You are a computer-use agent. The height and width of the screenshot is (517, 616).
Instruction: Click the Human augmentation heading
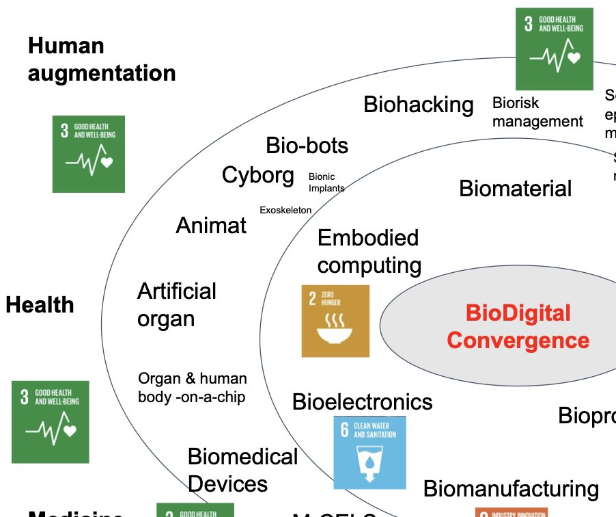[102, 59]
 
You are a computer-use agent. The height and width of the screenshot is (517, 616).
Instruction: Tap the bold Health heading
[40, 305]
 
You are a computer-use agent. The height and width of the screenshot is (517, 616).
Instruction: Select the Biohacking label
[418, 105]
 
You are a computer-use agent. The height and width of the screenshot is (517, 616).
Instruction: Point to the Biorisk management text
[537, 112]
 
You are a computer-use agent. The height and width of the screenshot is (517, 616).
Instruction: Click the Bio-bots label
[307, 146]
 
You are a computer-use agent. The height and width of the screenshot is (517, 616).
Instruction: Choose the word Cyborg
[257, 175]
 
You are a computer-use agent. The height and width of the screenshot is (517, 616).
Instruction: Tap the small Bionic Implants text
[326, 182]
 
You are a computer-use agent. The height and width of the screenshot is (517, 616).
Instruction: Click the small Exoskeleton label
[285, 210]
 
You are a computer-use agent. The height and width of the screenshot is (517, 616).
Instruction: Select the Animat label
[211, 226]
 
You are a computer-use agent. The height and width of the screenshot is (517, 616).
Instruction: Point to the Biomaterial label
[515, 188]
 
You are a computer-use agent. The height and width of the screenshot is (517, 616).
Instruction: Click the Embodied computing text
[369, 252]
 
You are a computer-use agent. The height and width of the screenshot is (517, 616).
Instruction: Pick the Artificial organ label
[176, 305]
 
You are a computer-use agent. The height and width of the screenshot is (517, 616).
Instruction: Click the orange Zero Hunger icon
[335, 321]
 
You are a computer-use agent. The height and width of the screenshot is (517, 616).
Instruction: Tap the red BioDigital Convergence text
[518, 326]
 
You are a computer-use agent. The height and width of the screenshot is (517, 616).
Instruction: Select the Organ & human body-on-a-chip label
[192, 388]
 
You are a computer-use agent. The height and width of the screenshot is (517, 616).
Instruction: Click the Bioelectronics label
[362, 401]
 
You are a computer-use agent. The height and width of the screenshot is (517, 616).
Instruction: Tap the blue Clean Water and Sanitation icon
[369, 452]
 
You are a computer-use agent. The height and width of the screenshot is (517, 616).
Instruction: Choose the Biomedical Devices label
[242, 470]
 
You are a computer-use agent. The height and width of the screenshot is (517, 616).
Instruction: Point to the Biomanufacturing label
[510, 489]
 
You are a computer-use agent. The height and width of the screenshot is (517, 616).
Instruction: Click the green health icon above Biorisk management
[554, 49]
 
